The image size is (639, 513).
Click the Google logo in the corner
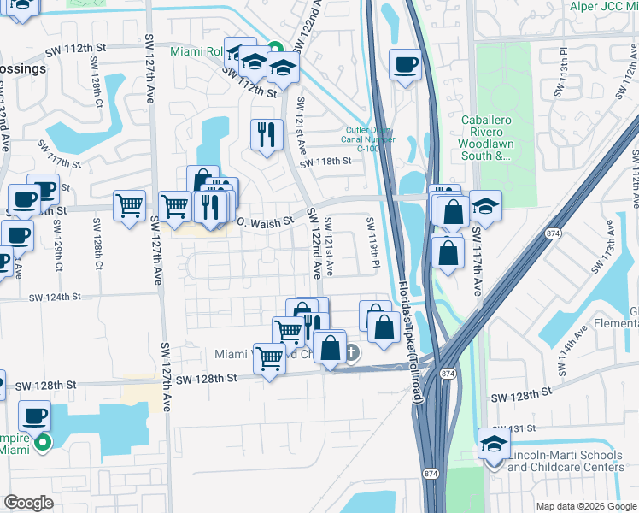tap(28, 503)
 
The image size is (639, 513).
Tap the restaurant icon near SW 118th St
tap(266, 134)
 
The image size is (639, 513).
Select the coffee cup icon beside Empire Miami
tap(34, 416)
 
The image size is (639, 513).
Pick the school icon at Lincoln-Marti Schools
tap(494, 445)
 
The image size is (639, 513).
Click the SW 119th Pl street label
tap(373, 241)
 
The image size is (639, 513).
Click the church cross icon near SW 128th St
tap(351, 351)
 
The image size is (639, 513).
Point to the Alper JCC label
tap(603, 6)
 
